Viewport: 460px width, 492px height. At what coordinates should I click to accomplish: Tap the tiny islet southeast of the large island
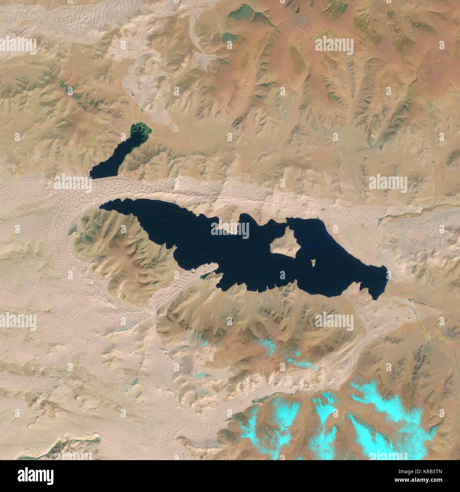pos(313,263)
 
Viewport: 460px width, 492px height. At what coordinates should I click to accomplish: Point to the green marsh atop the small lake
pos(141,131)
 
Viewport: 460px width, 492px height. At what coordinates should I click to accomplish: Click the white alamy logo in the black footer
pos(35,475)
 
